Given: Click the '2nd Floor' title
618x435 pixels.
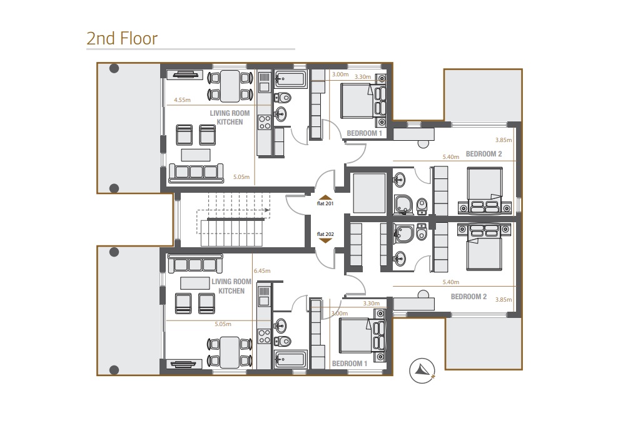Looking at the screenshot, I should (122, 38).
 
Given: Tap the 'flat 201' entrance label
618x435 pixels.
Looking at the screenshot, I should (325, 203).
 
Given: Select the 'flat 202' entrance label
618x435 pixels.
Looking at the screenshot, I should (325, 233).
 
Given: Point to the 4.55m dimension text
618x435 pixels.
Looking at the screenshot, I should (182, 100).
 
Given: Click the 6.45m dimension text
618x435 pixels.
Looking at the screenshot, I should (262, 271).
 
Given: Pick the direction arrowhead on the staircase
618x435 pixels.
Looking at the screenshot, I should (268, 210).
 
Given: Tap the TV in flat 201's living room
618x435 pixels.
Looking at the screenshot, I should (186, 75).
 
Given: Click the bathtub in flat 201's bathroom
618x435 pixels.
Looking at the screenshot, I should (290, 79).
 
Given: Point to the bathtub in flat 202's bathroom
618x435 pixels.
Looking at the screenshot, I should (290, 359).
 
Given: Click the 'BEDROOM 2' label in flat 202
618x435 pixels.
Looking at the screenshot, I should (469, 297).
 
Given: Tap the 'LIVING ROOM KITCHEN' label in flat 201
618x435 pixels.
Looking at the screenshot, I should (230, 118).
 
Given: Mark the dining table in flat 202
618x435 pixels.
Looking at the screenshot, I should (230, 352).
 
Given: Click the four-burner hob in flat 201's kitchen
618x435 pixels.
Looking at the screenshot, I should (264, 120).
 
